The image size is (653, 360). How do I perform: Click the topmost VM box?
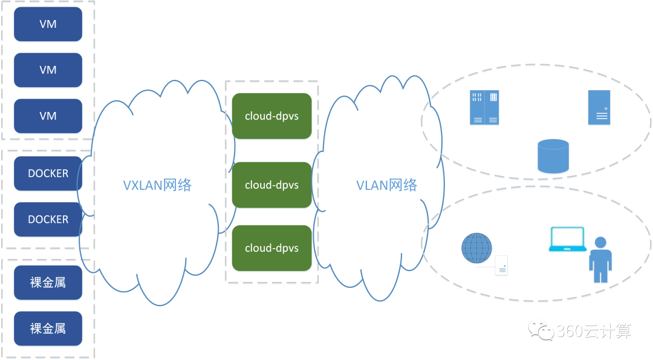[48, 24]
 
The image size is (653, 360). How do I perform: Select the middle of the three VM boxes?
[48, 70]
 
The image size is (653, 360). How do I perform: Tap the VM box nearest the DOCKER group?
[48, 116]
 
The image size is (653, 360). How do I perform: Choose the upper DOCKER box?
[48, 173]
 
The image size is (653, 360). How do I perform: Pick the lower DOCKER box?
[48, 219]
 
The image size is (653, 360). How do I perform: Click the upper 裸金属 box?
[48, 283]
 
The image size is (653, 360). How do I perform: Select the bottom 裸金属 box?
[48, 329]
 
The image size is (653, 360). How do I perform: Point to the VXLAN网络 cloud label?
[157, 185]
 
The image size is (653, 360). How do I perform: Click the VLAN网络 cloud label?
[386, 185]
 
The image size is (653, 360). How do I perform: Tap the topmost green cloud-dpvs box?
[271, 116]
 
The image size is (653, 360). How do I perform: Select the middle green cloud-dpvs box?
[271, 185]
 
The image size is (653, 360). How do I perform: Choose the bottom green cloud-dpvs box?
[271, 248]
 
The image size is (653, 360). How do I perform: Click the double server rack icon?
[484, 107]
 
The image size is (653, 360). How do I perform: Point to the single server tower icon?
[599, 107]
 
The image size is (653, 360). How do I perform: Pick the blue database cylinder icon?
[553, 156]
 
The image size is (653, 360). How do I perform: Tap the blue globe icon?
[477, 248]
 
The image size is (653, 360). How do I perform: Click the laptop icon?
[567, 239]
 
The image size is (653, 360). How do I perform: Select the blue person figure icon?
[600, 260]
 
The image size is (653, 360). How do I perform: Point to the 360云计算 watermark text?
[594, 331]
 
